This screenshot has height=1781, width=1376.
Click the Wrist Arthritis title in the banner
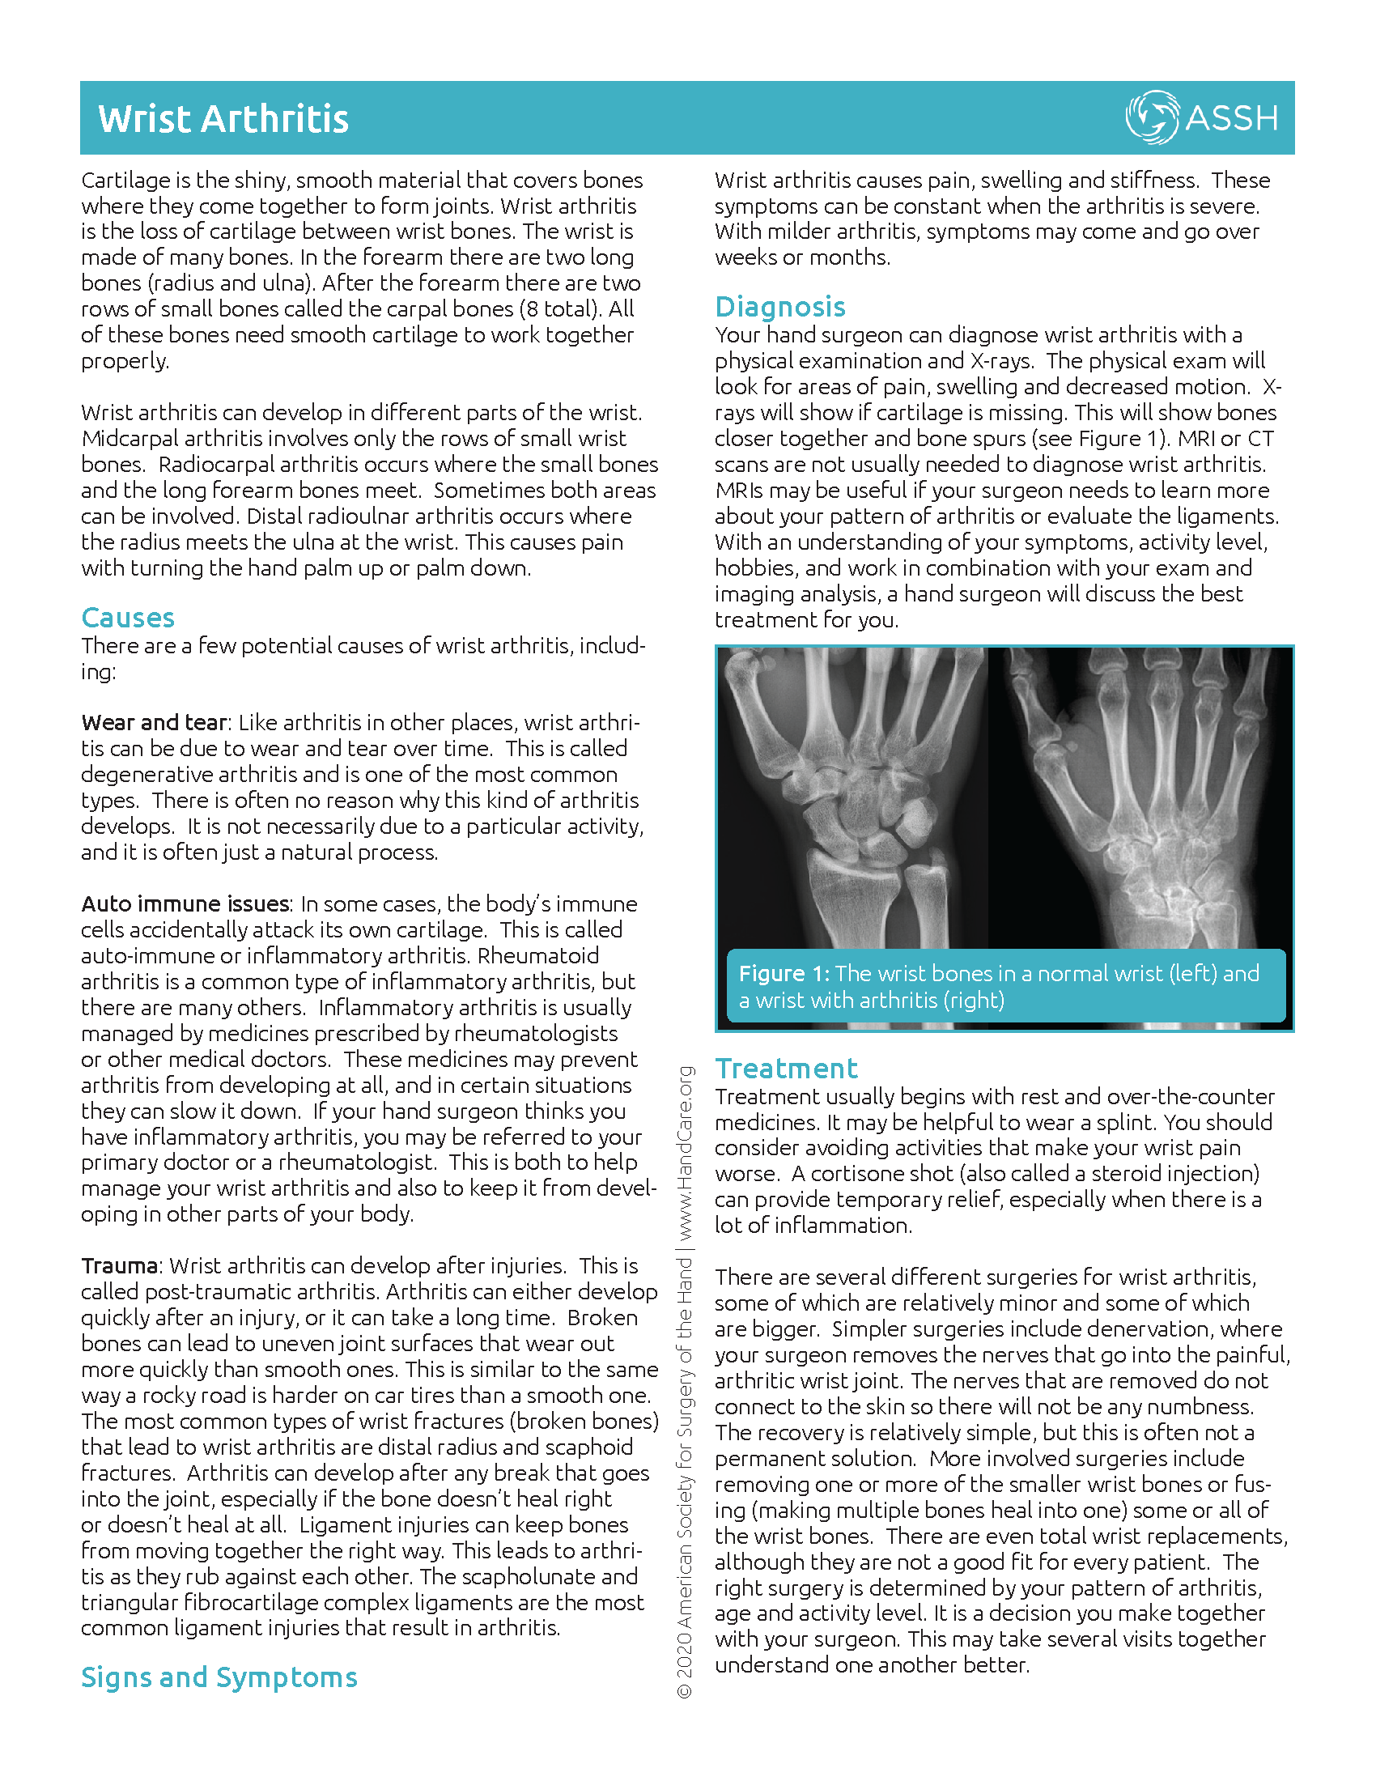223,119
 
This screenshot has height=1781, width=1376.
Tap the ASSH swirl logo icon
1151,117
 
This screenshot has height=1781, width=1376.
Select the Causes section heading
128,618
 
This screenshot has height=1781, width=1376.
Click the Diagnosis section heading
780,307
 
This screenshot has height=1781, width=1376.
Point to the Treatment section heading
786,1069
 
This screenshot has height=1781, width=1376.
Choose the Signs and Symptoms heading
219,1677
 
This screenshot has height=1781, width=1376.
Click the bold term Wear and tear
154,722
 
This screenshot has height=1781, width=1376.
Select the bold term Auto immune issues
185,903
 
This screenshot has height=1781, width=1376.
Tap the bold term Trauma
119,1265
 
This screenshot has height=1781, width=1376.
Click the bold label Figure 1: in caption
784,974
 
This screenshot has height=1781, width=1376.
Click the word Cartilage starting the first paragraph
126,181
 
